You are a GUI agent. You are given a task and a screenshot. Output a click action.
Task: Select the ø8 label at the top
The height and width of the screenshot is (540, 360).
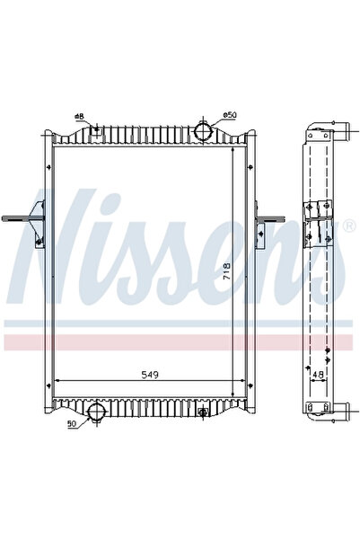80,118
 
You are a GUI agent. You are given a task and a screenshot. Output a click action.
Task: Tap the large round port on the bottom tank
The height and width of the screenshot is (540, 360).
96,412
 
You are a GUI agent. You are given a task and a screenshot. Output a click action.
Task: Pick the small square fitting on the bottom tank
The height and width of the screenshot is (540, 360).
204,412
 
